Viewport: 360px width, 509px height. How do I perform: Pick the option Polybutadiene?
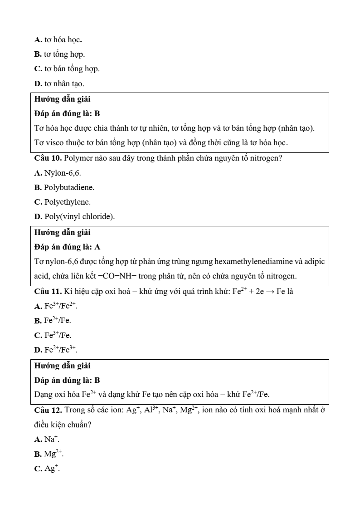pyautogui.click(x=64, y=187)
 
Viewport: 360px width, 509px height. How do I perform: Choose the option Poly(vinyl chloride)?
pyautogui.click(x=74, y=216)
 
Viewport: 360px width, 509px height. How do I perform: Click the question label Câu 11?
pyautogui.click(x=48, y=291)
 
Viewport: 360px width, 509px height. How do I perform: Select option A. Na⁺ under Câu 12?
pyautogui.click(x=47, y=440)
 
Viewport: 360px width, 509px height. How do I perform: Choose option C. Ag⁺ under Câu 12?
pyautogui.click(x=47, y=469)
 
